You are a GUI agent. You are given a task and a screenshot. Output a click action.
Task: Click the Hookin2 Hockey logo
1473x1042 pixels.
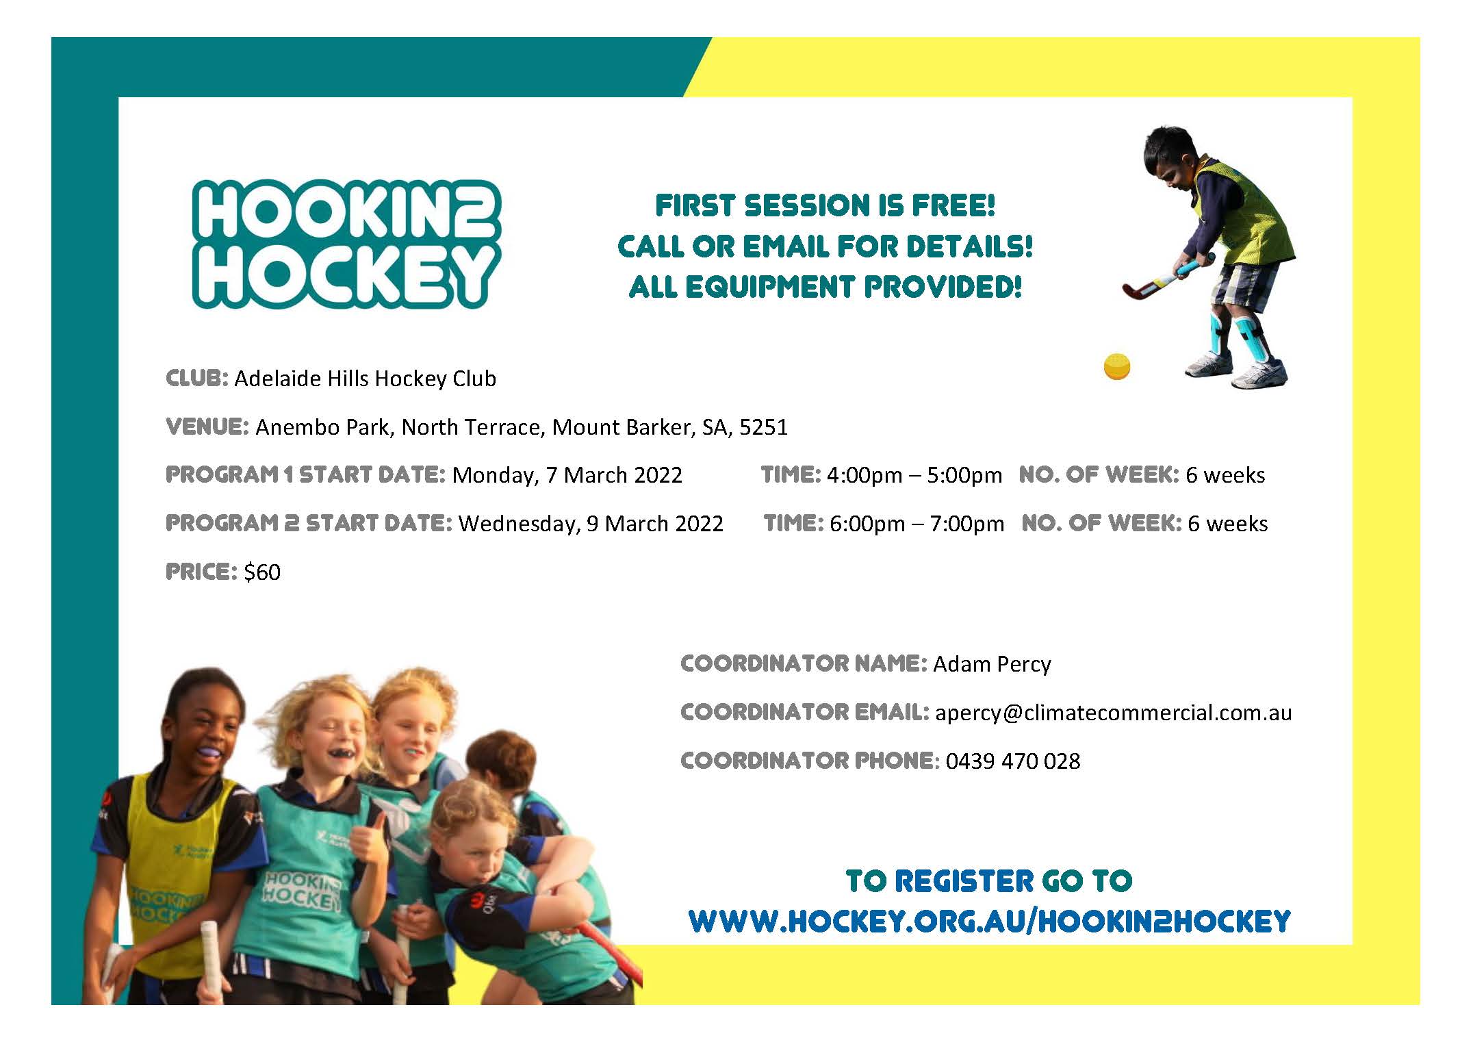pos(346,244)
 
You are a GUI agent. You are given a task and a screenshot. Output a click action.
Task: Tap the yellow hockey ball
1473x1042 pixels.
pos(1117,366)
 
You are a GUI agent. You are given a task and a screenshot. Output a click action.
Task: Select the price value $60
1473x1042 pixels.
pos(262,572)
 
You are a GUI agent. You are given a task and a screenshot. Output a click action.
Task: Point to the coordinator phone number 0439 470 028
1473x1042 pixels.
pos(1013,761)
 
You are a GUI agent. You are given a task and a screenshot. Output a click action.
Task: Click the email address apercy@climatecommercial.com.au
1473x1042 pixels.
pos(1114,713)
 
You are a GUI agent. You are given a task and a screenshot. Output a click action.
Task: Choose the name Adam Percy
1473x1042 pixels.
pos(992,664)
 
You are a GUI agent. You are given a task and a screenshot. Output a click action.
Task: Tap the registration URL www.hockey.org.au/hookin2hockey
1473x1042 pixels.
pos(990,922)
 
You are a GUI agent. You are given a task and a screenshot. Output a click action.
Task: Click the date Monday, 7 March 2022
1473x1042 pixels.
pos(567,475)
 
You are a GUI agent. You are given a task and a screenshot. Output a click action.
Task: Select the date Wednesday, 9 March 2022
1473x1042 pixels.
pos(591,524)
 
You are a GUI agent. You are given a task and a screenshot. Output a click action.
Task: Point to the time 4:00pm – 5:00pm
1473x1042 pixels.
pos(914,475)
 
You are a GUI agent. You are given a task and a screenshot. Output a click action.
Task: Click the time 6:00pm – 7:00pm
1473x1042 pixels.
pos(917,524)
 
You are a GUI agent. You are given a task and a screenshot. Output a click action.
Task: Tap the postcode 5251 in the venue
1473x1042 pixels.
pos(764,427)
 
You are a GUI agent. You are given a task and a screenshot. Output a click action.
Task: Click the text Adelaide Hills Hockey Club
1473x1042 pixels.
pos(365,379)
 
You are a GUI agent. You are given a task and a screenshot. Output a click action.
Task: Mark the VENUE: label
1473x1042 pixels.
pos(207,427)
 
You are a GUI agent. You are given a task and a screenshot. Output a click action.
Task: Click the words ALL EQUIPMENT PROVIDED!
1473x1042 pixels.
pos(825,287)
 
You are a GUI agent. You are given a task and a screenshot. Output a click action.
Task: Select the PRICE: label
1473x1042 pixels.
pos(202,572)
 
